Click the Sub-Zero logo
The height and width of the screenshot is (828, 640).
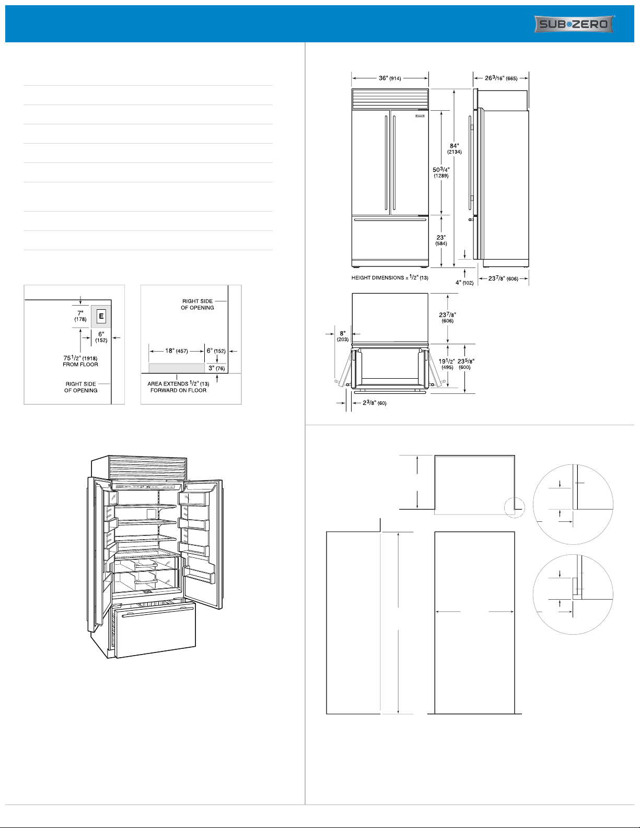click(574, 25)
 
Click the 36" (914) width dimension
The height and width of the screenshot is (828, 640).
click(390, 78)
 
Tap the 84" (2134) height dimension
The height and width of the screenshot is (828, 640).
click(454, 148)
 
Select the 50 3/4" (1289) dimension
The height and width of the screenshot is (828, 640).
click(441, 172)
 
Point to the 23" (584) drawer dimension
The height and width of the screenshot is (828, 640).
click(441, 240)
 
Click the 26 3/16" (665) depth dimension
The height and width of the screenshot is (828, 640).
click(501, 78)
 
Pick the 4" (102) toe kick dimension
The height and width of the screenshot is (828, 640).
click(464, 283)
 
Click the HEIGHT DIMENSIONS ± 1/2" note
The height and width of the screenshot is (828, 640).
click(390, 278)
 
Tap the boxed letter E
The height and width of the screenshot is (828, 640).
click(101, 316)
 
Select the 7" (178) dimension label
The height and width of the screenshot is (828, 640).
click(80, 316)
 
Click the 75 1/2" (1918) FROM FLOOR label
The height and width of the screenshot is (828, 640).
click(80, 361)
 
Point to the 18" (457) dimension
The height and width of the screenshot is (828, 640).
click(177, 351)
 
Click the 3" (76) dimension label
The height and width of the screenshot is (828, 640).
click(216, 368)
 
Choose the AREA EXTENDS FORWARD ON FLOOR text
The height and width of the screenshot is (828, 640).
click(178, 387)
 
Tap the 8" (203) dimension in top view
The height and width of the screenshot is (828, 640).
click(343, 336)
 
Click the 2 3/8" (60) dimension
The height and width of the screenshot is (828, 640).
click(375, 403)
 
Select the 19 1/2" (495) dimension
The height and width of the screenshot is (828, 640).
click(447, 364)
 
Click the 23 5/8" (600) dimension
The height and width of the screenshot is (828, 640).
click(466, 364)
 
